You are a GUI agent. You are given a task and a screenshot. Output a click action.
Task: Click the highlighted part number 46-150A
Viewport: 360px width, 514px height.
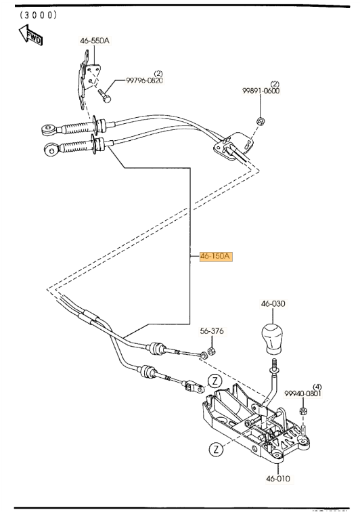pyautogui.click(x=216, y=257)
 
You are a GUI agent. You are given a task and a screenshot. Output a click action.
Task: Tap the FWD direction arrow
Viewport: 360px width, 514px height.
pyautogui.click(x=30, y=35)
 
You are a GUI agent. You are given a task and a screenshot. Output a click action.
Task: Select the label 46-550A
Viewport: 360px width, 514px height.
pyautogui.click(x=95, y=41)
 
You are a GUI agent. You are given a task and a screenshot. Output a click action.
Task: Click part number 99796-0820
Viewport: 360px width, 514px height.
pyautogui.click(x=144, y=81)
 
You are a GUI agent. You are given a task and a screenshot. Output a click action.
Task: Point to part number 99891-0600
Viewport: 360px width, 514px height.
pyautogui.click(x=261, y=91)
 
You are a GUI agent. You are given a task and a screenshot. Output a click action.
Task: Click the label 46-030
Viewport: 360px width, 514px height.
pyautogui.click(x=273, y=305)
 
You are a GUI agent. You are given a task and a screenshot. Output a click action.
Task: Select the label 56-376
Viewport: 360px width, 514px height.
pyautogui.click(x=212, y=332)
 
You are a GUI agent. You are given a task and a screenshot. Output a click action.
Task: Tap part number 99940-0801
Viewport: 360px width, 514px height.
pyautogui.click(x=302, y=393)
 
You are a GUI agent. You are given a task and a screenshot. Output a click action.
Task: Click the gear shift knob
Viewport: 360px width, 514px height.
pyautogui.click(x=273, y=339)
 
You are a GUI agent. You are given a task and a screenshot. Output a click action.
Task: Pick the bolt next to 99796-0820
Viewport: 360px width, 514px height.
pyautogui.click(x=105, y=95)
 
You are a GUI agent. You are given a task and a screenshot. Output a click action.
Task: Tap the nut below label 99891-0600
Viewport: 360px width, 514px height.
pyautogui.click(x=260, y=121)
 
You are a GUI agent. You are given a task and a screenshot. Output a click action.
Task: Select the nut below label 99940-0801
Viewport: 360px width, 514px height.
pyautogui.click(x=304, y=412)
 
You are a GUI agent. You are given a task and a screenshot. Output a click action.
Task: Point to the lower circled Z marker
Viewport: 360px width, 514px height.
pyautogui.click(x=215, y=448)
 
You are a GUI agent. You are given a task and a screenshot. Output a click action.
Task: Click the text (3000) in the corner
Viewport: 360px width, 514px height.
pyautogui.click(x=38, y=14)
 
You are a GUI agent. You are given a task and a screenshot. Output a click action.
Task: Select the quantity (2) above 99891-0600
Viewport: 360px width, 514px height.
pyautogui.click(x=275, y=84)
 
